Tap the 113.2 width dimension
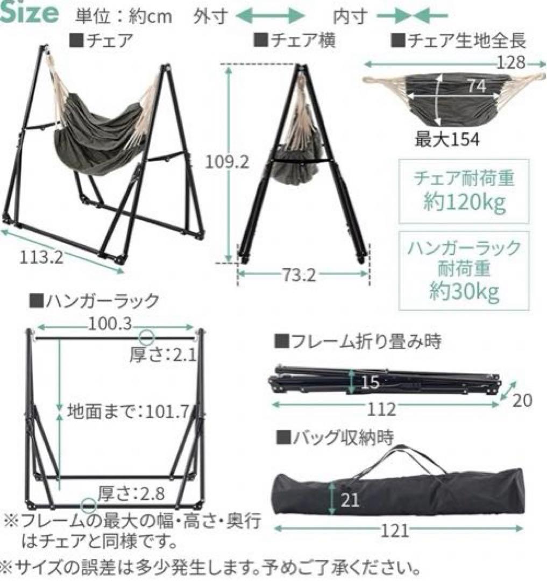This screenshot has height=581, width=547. pyautogui.click(x=42, y=257)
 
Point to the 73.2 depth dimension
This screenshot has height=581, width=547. pyautogui.click(x=301, y=276)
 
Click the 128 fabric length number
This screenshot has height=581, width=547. pyautogui.click(x=510, y=63)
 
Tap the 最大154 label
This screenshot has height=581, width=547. pyautogui.click(x=446, y=139)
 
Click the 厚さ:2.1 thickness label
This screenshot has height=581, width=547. pyautogui.click(x=162, y=356)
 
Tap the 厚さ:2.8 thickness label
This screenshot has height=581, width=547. pyautogui.click(x=131, y=492)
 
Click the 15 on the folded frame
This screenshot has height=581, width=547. pyautogui.click(x=371, y=382)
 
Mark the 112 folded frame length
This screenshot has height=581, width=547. pyautogui.click(x=382, y=409)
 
